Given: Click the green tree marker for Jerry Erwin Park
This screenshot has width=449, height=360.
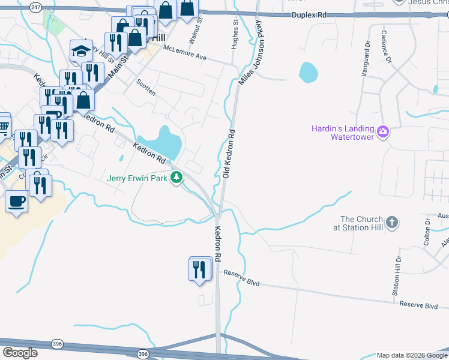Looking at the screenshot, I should click(176, 178).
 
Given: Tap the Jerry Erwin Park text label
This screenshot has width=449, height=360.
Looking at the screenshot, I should click(137, 178).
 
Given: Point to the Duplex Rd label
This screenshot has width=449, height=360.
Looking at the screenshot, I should click(310, 14).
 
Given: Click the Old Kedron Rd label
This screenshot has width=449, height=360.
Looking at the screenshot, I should click(228, 154).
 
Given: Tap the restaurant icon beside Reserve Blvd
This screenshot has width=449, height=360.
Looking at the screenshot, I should click(200, 269).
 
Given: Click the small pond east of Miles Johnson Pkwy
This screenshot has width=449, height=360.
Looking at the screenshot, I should click(308, 73).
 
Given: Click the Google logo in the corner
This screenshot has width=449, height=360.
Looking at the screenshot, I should click(20, 353).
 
